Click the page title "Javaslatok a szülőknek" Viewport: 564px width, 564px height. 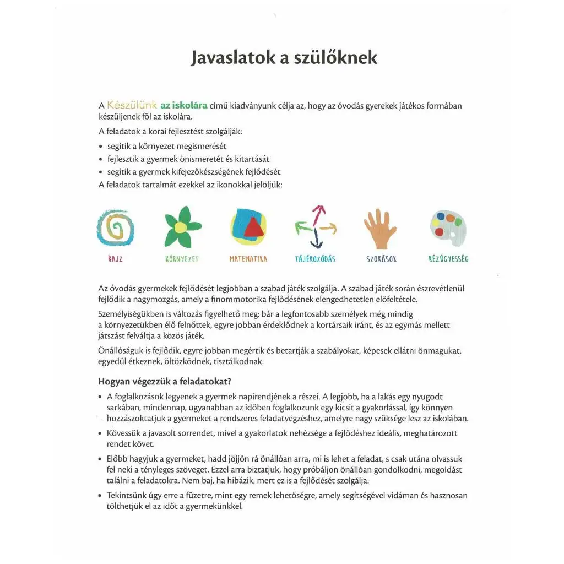(284, 58)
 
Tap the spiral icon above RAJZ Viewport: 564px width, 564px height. (116, 227)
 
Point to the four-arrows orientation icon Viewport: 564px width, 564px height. (316, 226)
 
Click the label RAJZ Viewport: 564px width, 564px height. (116, 259)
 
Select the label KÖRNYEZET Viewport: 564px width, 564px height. (182, 259)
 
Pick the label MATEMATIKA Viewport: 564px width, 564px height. (248, 259)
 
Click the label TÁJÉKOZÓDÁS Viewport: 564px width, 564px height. (316, 259)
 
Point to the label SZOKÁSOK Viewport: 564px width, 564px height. (381, 259)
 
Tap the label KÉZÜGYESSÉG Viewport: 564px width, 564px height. (448, 258)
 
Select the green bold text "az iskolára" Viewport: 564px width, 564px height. (183, 105)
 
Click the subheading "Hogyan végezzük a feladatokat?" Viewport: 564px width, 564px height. (164, 381)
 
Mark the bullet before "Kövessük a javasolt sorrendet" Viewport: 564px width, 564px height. (100, 433)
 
